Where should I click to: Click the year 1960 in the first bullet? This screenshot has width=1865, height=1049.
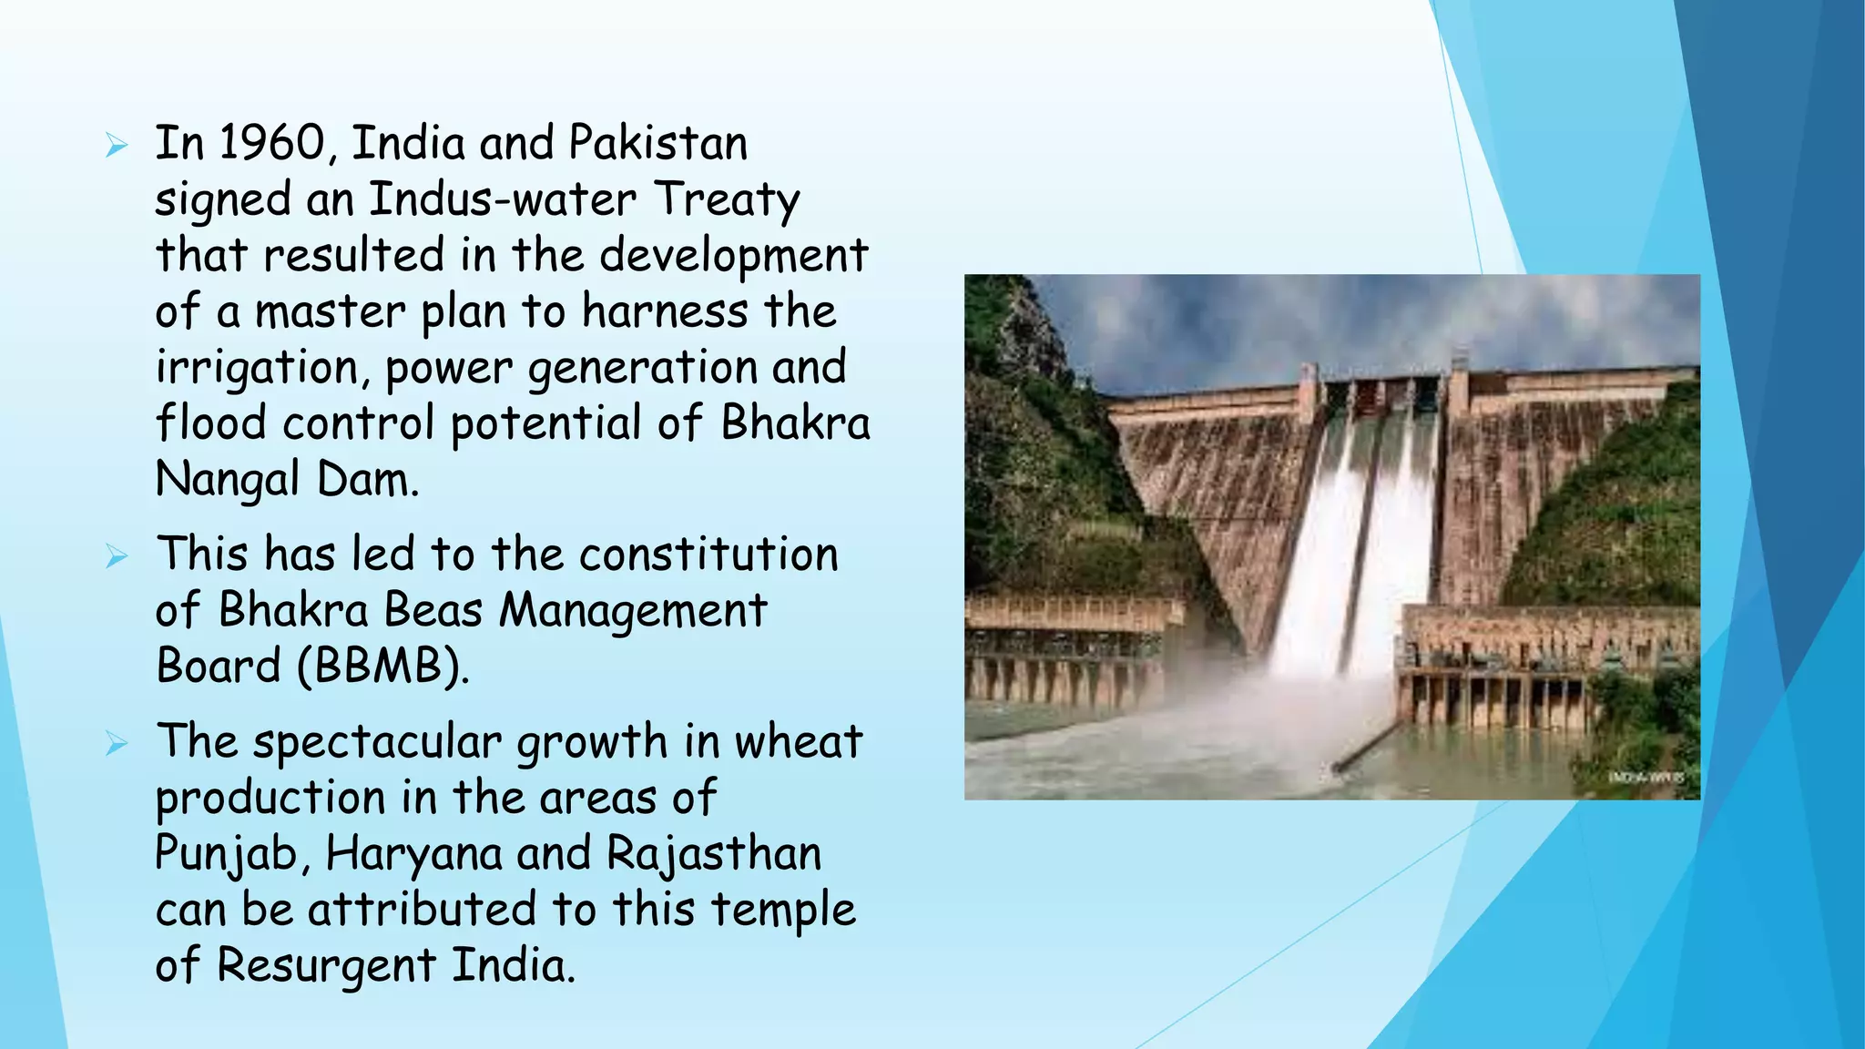(272, 144)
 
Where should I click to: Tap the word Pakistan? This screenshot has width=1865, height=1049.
(657, 144)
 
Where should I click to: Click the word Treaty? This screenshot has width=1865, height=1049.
(727, 201)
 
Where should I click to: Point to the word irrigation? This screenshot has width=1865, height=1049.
(263, 369)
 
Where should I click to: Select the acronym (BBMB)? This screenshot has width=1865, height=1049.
(383, 667)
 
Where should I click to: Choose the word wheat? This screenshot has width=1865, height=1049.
(798, 741)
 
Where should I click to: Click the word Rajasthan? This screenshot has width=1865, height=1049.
(714, 855)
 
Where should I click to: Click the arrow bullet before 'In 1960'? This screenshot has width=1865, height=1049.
(117, 145)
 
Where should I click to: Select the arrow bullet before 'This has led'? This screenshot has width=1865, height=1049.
(117, 555)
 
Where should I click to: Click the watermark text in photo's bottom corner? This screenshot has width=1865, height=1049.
(1646, 777)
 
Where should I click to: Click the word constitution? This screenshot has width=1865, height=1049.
(708, 555)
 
